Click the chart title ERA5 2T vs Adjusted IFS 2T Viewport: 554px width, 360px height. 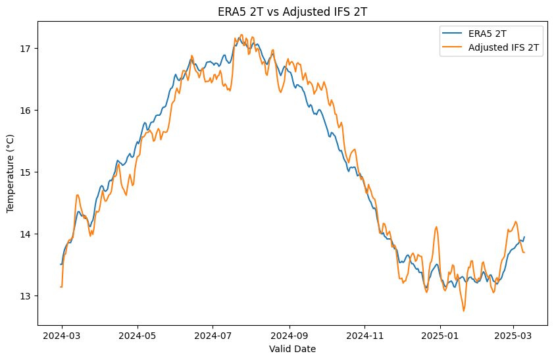(x=292, y=12)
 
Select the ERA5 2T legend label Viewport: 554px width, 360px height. (x=488, y=34)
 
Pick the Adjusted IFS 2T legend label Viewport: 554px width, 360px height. (x=503, y=47)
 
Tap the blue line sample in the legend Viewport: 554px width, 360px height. (x=452, y=34)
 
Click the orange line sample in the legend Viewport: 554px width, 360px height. (x=452, y=47)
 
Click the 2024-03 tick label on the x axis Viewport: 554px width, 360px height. (x=62, y=336)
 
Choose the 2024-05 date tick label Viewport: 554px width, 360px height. (x=138, y=336)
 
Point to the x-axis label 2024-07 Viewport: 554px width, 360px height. (x=213, y=336)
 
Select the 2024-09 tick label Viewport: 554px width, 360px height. (x=290, y=336)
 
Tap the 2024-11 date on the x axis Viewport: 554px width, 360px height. (x=365, y=336)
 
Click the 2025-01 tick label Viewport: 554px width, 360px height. (x=440, y=336)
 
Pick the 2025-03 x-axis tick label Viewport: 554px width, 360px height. (x=513, y=336)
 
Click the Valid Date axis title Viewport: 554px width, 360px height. (x=292, y=349)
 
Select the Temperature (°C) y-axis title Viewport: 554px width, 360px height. (x=10, y=174)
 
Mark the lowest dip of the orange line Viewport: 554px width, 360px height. (x=464, y=311)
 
